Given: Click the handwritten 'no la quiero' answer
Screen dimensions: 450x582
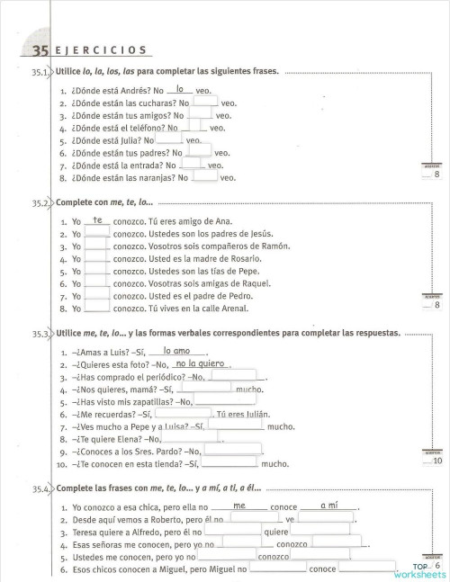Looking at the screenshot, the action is tap(199, 363).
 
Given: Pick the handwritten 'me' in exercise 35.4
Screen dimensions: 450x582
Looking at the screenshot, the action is tap(239, 506).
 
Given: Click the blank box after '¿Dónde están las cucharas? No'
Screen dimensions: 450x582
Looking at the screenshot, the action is tap(204, 103).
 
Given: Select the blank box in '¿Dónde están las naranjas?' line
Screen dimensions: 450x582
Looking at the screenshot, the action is tap(204, 177).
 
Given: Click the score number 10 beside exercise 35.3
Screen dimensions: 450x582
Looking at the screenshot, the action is tap(437, 461).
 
